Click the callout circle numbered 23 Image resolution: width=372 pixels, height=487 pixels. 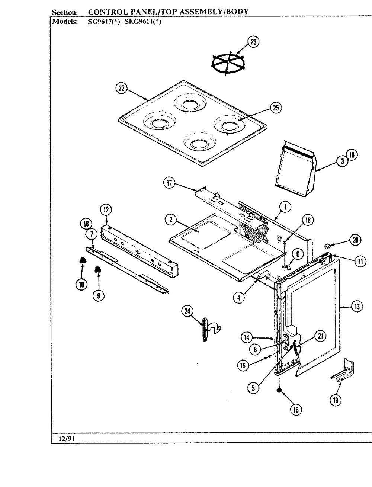click(x=253, y=42)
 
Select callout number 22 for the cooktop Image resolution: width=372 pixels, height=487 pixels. click(x=122, y=88)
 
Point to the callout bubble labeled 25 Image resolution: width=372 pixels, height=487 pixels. click(x=276, y=108)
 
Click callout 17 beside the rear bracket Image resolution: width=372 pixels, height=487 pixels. click(x=170, y=183)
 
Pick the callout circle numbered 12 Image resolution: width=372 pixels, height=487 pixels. click(x=106, y=210)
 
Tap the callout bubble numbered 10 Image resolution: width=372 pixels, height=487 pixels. click(x=81, y=285)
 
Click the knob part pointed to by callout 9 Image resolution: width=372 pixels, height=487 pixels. click(x=97, y=270)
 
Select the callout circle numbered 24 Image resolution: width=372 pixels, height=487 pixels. click(x=187, y=311)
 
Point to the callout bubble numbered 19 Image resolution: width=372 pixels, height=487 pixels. click(x=336, y=400)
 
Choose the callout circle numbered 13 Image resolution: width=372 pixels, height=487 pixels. click(x=357, y=307)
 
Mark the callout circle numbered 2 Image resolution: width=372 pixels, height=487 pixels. click(x=171, y=220)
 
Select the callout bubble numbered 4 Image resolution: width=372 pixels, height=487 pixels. click(x=239, y=298)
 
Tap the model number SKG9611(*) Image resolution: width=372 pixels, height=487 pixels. click(x=143, y=22)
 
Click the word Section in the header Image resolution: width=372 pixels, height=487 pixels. click(x=65, y=12)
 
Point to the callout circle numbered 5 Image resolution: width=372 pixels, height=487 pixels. click(x=253, y=388)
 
